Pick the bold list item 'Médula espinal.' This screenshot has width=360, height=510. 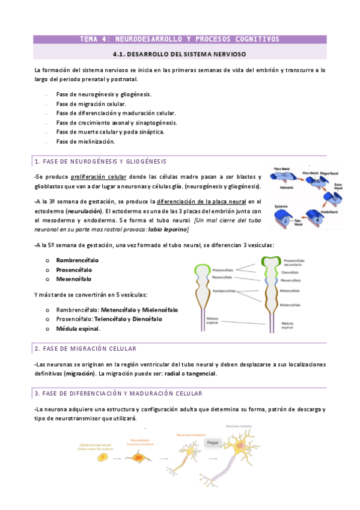click(78, 328)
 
